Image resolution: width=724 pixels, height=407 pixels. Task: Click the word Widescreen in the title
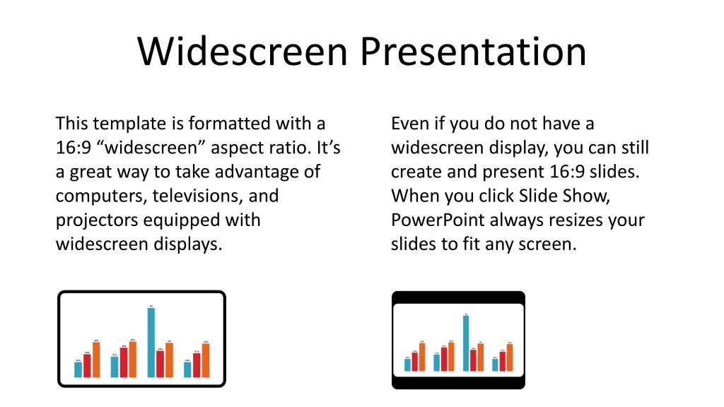242,52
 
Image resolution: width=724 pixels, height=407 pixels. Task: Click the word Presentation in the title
472,52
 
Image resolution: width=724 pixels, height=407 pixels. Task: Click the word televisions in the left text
193,196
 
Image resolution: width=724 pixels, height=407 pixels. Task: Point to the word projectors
97,220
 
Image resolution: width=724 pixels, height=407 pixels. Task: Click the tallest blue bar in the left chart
151,343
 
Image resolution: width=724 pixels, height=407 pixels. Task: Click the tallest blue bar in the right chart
465,343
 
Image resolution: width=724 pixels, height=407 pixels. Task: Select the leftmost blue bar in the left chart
78,370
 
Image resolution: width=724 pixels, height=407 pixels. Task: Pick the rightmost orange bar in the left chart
206,360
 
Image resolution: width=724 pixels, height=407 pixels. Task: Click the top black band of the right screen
458,297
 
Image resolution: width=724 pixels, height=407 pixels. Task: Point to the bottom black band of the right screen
458,383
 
